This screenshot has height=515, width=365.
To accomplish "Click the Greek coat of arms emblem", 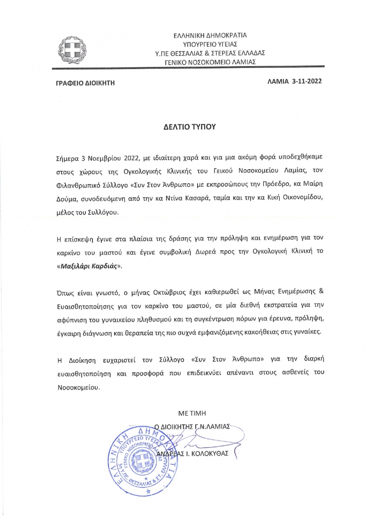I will [73, 50].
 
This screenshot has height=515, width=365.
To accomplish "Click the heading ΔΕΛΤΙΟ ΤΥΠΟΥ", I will [182, 127].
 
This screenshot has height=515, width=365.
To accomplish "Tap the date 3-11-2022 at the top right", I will [307, 81].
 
